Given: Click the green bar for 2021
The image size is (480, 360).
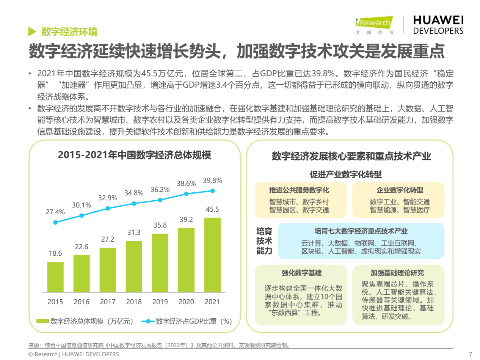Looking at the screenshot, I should click(212, 255).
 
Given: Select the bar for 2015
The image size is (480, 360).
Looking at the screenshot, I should click(55, 277).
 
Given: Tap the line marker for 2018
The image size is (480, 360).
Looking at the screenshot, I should click(134, 203).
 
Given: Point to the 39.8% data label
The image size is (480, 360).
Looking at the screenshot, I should click(212, 181).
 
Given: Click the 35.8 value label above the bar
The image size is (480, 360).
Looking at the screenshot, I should click(160, 225).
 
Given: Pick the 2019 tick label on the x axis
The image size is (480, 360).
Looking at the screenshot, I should click(160, 302).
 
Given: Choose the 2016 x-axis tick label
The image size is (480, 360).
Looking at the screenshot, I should click(82, 302).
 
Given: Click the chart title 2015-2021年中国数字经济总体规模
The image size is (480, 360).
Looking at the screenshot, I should click(134, 155).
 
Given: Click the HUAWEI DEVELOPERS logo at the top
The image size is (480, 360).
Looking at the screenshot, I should click(438, 25).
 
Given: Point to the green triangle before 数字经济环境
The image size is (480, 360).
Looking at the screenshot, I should click(32, 31).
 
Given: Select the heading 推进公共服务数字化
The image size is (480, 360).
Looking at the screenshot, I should click(299, 190).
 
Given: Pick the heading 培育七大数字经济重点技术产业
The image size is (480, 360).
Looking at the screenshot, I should click(361, 231).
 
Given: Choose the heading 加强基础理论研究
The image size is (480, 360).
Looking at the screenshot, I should click(397, 273).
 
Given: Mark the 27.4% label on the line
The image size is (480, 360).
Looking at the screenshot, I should click(55, 212).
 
